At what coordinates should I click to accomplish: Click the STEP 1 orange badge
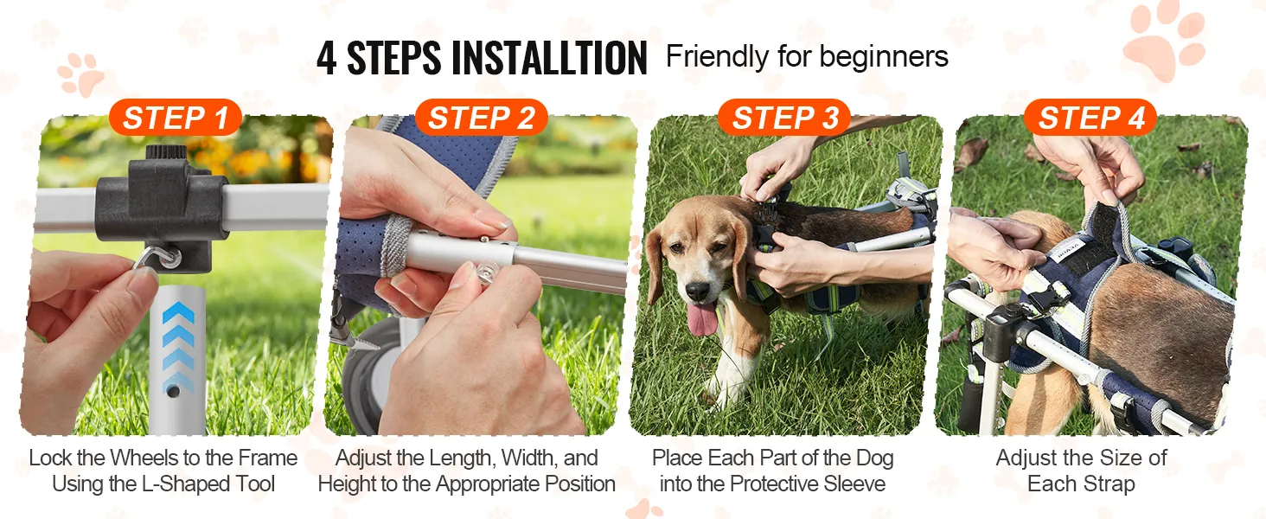tap(176, 118)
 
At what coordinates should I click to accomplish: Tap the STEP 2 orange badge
tap(481, 118)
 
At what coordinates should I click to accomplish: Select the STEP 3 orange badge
tap(785, 118)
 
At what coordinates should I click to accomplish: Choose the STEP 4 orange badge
tap(1090, 118)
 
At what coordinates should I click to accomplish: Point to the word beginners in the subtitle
tap(884, 57)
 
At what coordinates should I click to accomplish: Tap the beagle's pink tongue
tap(702, 319)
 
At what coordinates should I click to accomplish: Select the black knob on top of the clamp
tap(166, 152)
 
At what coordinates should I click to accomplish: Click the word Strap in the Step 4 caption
tap(1107, 484)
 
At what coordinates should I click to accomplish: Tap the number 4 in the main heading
tap(327, 58)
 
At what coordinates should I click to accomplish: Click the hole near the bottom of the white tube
tap(174, 391)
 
